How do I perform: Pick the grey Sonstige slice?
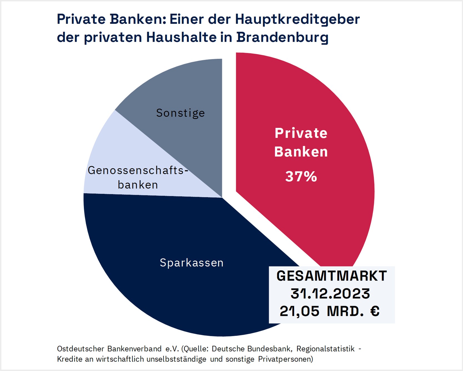[181, 89]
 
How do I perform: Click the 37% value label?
[301, 176]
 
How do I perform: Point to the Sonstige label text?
[181, 113]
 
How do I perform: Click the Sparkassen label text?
[192, 263]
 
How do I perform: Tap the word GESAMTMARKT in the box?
[332, 276]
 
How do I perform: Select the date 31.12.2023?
[330, 294]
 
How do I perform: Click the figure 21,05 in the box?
[299, 311]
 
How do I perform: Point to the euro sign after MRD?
[375, 311]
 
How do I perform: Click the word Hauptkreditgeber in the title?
[297, 19]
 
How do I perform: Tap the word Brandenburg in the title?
[282, 37]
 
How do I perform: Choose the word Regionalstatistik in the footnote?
[326, 349]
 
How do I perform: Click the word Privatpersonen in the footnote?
[285, 359]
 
